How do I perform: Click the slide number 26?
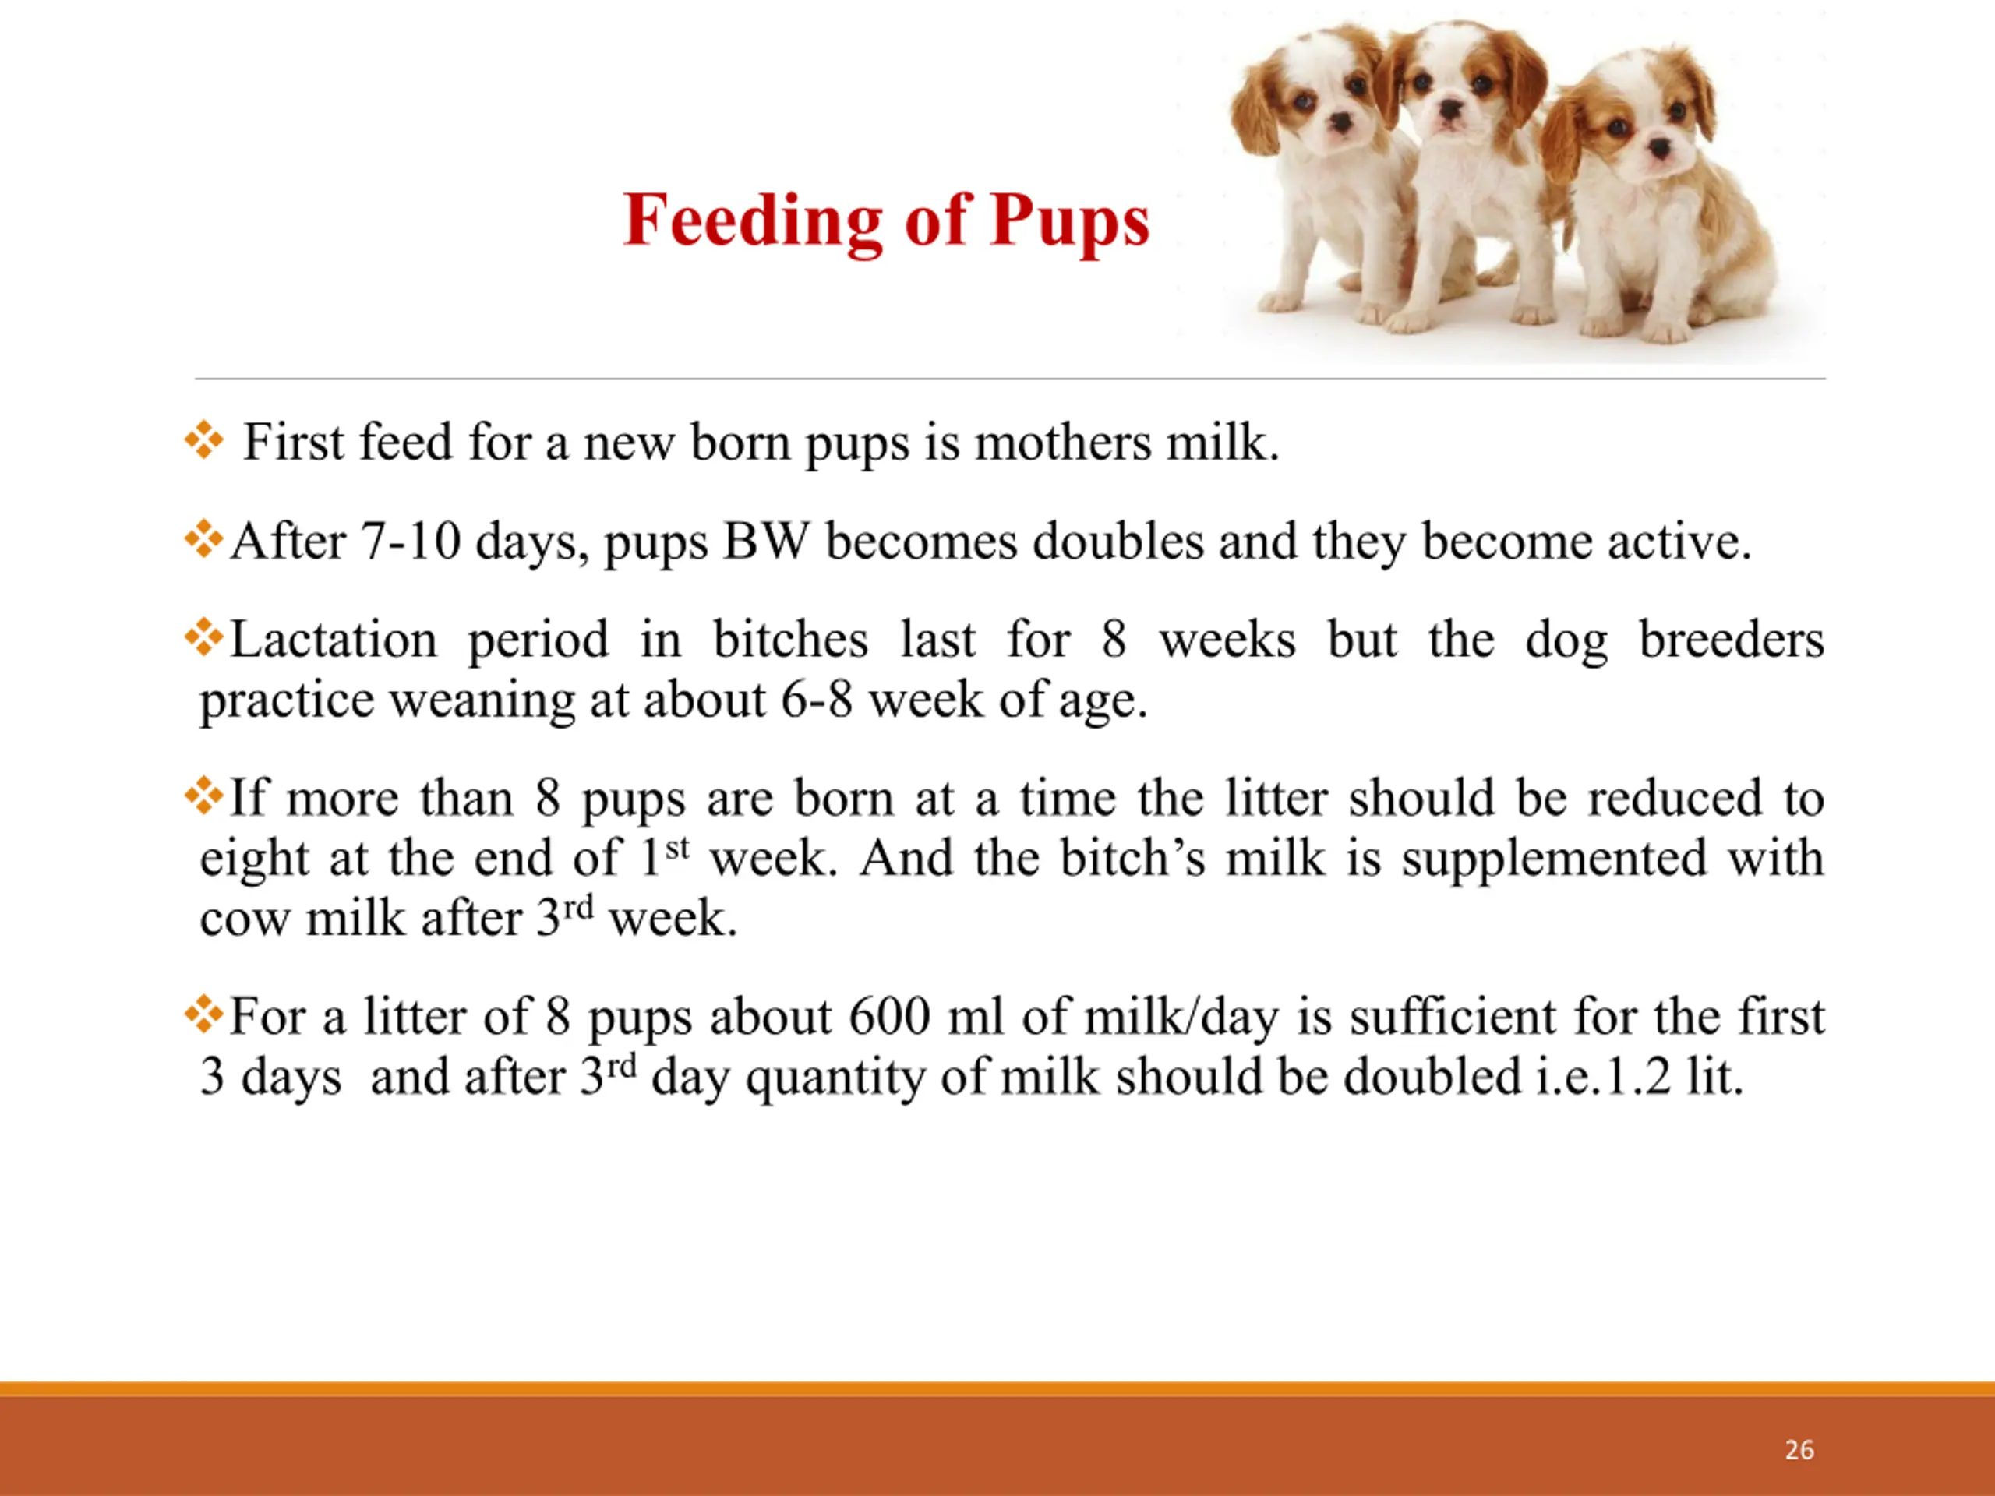tap(1799, 1450)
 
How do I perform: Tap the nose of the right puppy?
tap(1657, 147)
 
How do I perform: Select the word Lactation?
tap(334, 640)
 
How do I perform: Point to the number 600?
tap(889, 1017)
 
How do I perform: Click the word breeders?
tap(1732, 640)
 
